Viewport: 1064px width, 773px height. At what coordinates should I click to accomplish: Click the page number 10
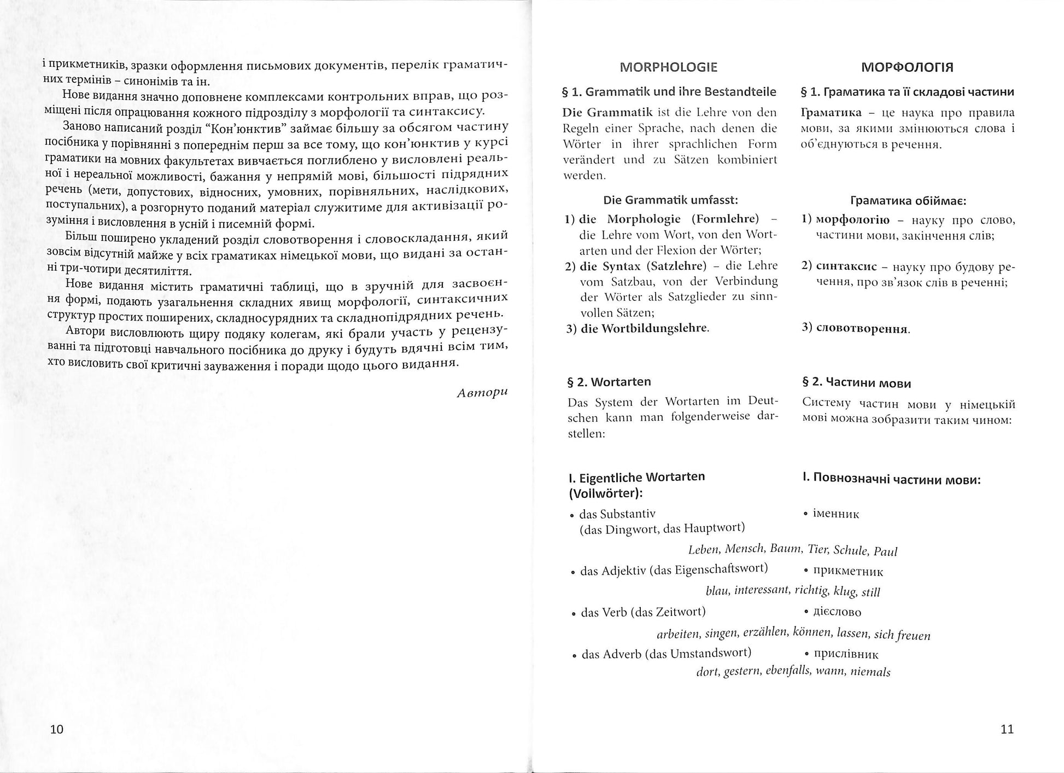tap(57, 729)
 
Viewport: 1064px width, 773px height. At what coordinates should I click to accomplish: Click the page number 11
tap(1007, 729)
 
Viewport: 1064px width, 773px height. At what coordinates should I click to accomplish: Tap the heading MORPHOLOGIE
tap(669, 67)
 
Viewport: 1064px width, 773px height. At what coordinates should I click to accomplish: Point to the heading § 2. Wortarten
tap(609, 382)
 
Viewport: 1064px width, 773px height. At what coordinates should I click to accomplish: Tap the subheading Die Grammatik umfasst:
tap(670, 200)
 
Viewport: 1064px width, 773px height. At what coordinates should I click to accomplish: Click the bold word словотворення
tap(862, 329)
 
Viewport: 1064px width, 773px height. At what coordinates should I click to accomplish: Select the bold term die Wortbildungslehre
tap(644, 328)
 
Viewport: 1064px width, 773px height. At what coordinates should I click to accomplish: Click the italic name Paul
tap(885, 551)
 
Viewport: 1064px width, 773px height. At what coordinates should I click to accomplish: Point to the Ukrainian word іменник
tap(836, 514)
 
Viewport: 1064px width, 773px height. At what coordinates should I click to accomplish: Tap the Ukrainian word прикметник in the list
tap(848, 571)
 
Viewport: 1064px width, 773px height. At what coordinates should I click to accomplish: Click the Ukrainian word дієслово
tap(837, 612)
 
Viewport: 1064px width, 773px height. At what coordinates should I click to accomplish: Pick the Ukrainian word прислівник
tap(846, 654)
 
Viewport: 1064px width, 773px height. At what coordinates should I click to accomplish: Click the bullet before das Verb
tap(573, 614)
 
